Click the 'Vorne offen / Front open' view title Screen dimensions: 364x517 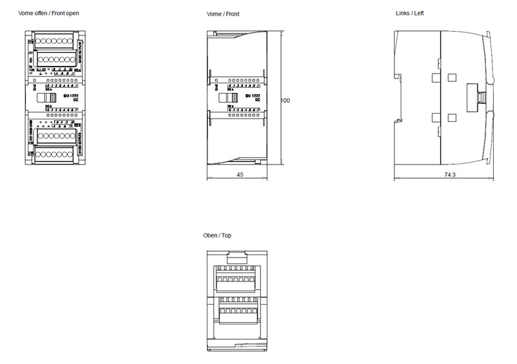coord(49,13)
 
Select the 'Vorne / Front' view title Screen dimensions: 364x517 coord(223,14)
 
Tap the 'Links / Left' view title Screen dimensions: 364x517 coord(410,13)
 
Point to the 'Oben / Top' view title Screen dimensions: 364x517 coord(217,236)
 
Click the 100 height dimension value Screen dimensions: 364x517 coord(286,101)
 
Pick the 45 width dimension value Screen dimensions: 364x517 coord(239,175)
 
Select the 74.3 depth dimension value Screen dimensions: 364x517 coord(450,175)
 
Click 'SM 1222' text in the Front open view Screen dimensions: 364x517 coord(70,95)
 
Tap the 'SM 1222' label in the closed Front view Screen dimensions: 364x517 coord(253,96)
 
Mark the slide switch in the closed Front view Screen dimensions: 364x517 coord(226,99)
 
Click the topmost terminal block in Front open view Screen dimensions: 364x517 coord(54,41)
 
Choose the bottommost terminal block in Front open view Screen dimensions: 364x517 coord(54,154)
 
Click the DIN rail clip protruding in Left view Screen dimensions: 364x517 coord(480,97)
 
